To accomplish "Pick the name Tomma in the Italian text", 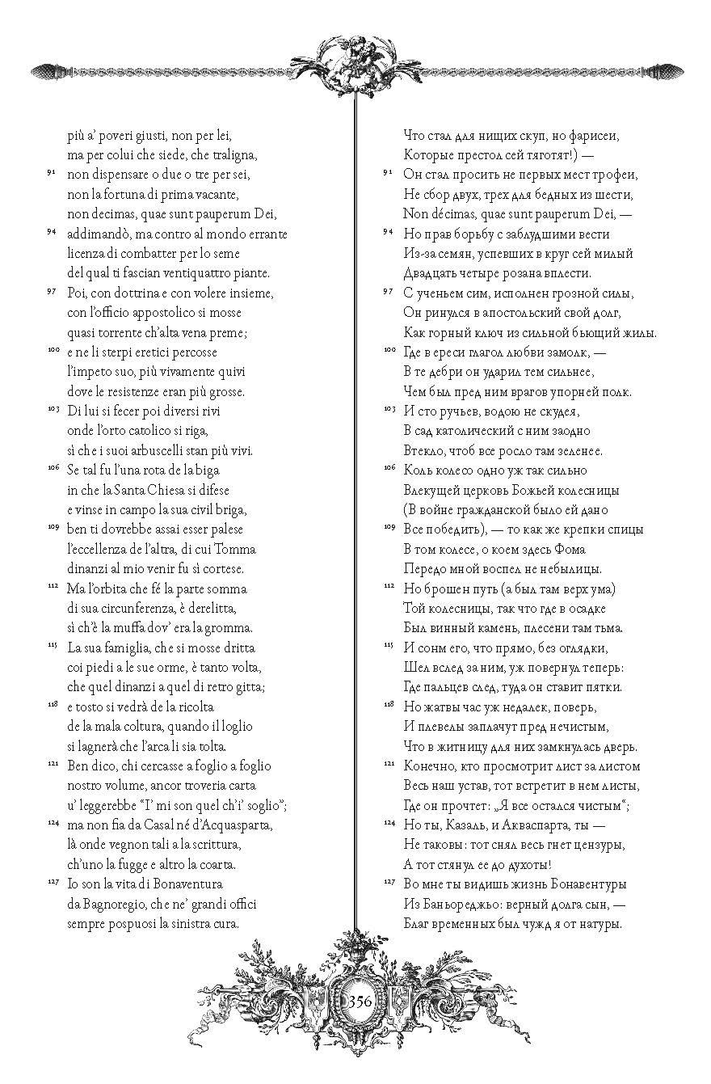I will pos(238,549).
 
